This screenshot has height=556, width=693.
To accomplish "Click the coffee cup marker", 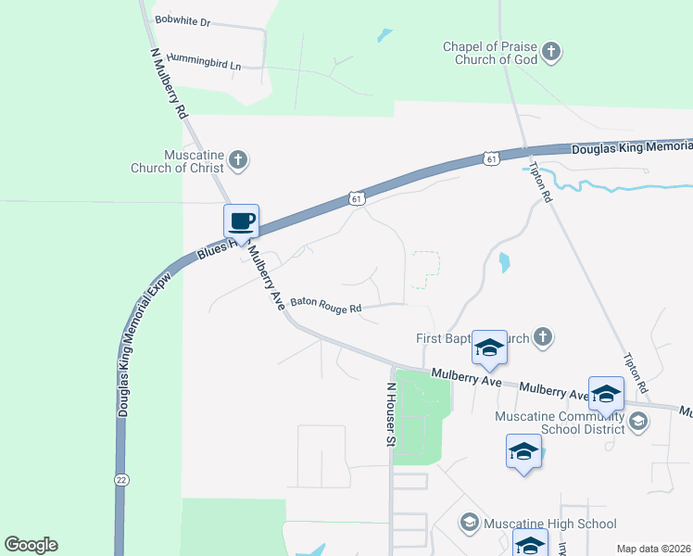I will coord(241,221).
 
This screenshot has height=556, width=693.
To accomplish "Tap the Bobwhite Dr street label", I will coord(183,19).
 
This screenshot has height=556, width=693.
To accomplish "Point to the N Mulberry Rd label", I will coord(170,82).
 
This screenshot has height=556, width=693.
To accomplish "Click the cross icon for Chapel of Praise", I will coord(551,51).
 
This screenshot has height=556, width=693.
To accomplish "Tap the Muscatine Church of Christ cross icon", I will coord(238,160).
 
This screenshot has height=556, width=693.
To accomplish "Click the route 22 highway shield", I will coord(121,479).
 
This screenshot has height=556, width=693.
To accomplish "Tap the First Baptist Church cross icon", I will coord(544,339).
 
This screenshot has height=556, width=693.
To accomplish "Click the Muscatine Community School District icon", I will coord(637,423).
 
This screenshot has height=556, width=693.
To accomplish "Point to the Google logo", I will coord(31,545).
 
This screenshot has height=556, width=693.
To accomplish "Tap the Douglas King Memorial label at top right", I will coord(631,147).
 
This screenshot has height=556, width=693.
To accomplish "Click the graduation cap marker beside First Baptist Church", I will coord(489,347).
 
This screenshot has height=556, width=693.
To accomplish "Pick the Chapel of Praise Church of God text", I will coord(489,53).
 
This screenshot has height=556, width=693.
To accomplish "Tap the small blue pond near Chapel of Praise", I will coord(384,36).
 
